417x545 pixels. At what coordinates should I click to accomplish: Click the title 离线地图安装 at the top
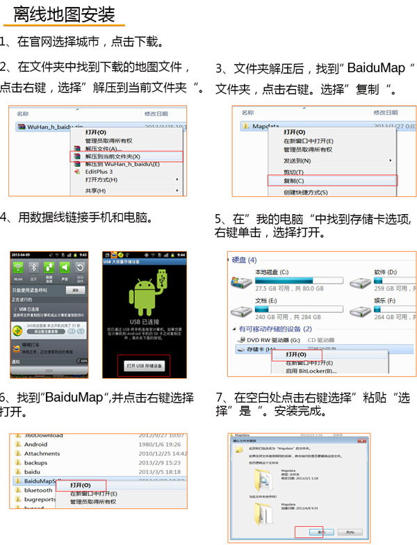64,13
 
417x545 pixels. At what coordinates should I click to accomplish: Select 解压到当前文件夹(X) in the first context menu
112,156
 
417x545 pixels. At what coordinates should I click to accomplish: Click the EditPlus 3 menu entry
99,172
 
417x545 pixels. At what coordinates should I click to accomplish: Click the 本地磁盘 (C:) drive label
274,272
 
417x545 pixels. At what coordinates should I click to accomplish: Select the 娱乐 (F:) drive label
385,300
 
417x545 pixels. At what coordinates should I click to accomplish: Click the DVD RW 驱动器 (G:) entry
273,339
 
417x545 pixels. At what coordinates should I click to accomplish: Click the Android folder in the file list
36,444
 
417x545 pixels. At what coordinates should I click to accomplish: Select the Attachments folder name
42,453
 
